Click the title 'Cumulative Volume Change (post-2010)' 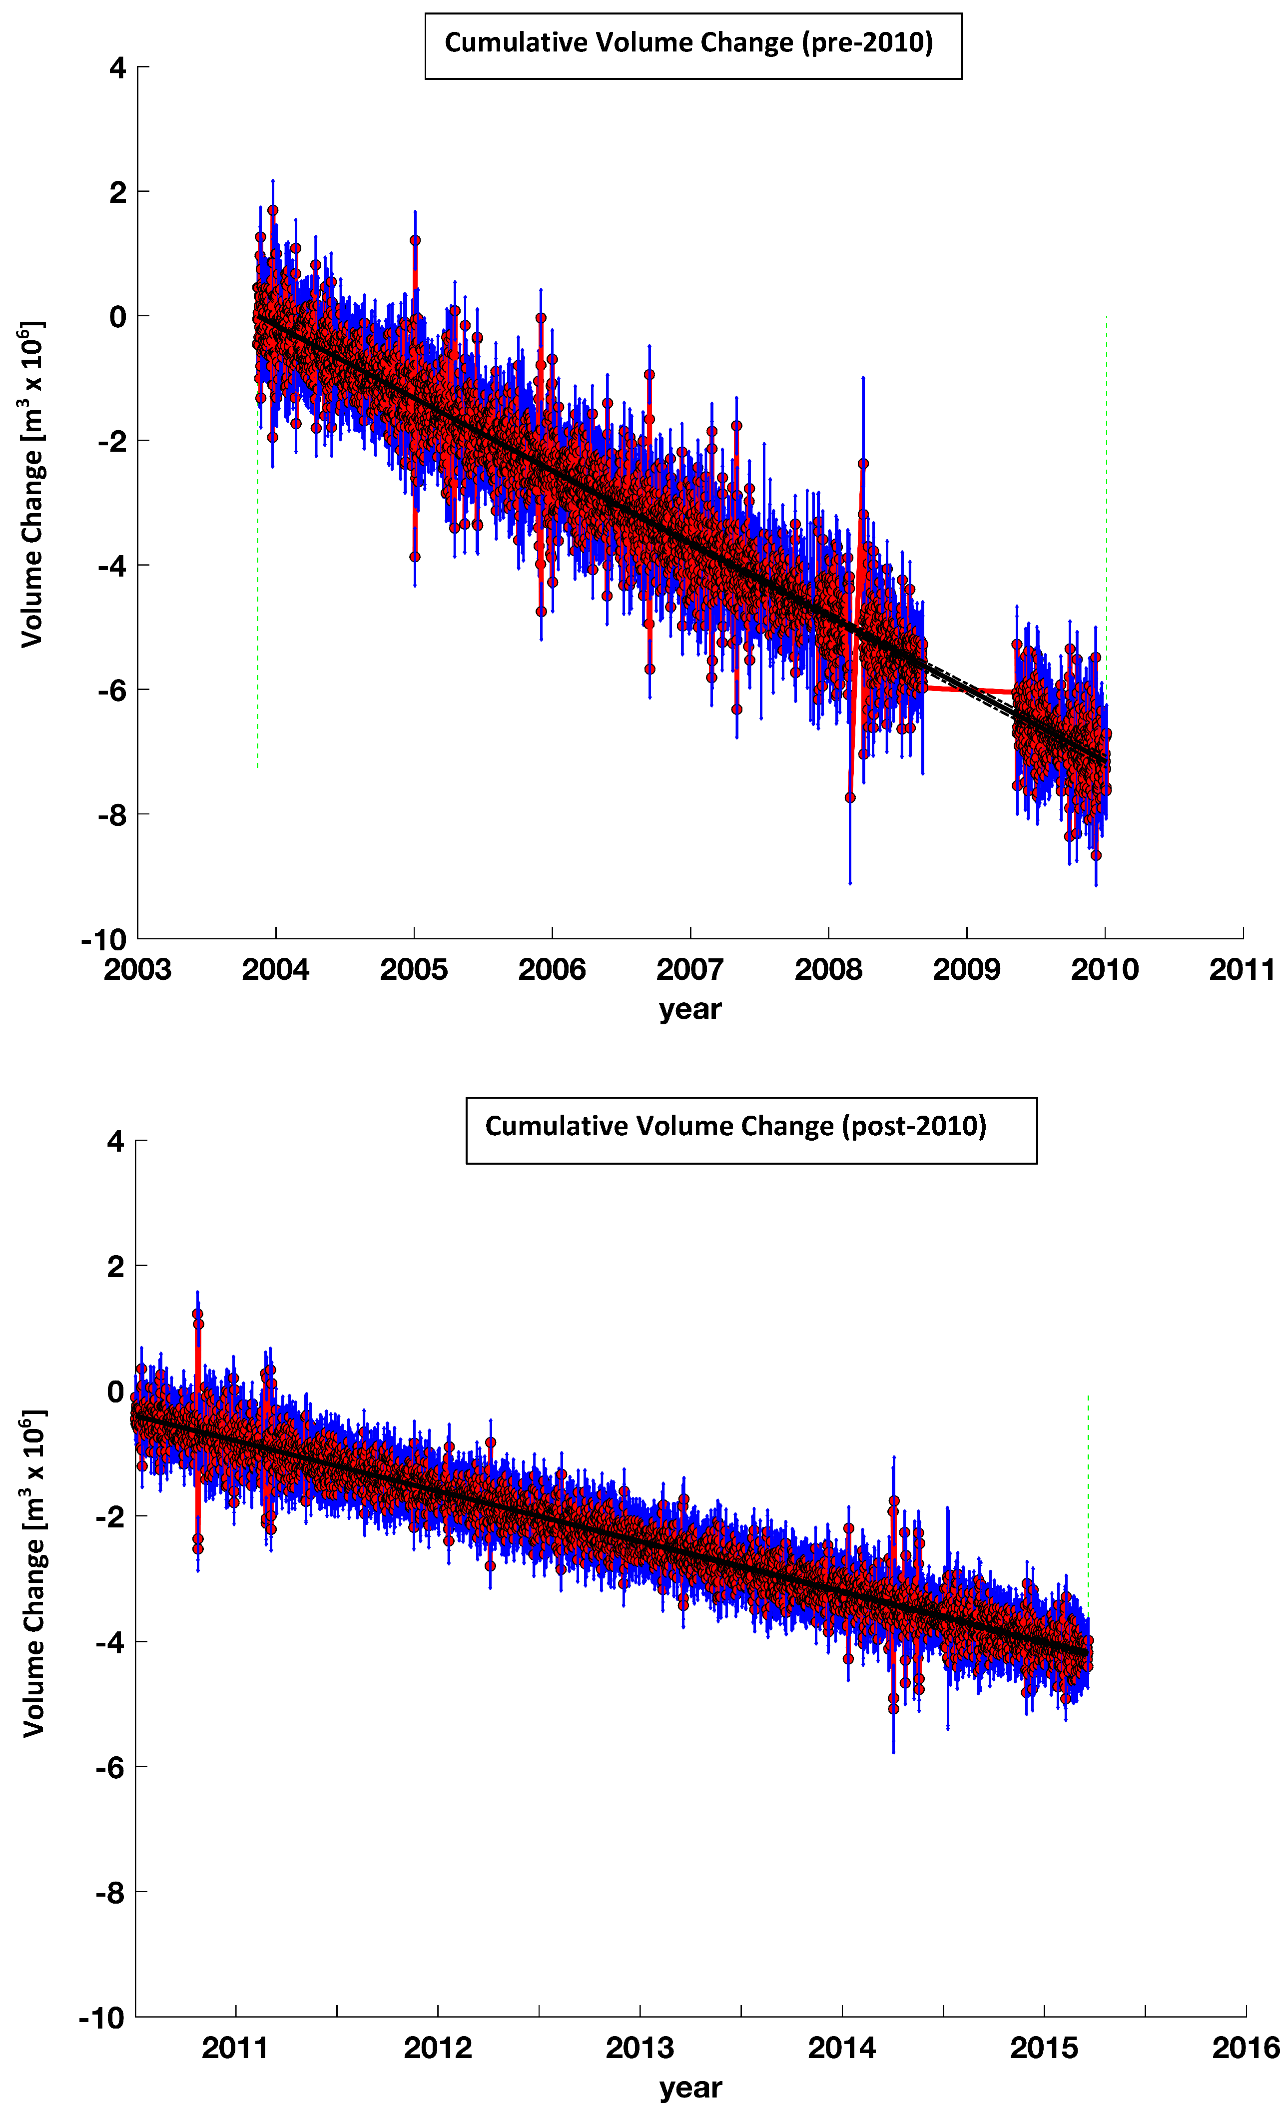[735, 1126]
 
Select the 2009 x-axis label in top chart [967, 970]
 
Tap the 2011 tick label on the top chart [1242, 970]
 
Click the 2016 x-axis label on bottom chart [1245, 2048]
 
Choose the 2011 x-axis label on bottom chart [236, 2048]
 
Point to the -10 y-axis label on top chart [104, 940]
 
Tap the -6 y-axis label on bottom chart [110, 1767]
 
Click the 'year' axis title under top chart [690, 1009]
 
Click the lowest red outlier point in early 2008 [850, 797]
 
